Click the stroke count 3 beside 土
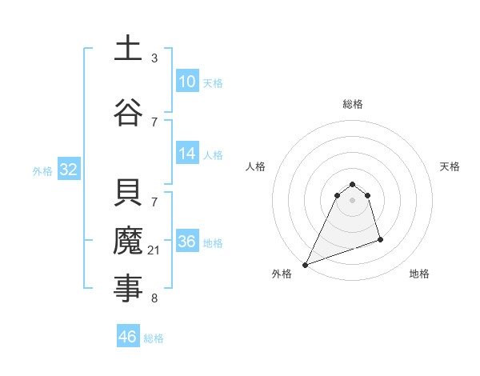(x=154, y=58)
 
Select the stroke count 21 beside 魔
(x=154, y=251)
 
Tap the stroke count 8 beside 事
(x=154, y=298)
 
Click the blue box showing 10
(x=187, y=82)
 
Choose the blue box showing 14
(x=187, y=154)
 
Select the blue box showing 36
(x=187, y=242)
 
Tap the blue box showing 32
(x=68, y=170)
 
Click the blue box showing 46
(x=128, y=337)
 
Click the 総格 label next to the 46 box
(x=154, y=338)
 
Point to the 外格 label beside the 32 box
(x=42, y=170)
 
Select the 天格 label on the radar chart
(x=450, y=166)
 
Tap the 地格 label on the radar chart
(x=419, y=274)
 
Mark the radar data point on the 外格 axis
(x=305, y=265)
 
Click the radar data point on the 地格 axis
(x=380, y=239)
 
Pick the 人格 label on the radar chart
(x=255, y=166)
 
